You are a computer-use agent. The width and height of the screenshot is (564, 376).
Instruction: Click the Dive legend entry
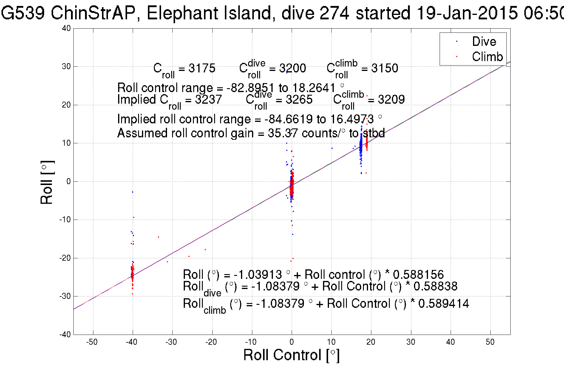pyautogui.click(x=484, y=41)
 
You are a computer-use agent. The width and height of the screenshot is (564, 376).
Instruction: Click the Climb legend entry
pyautogui.click(x=487, y=57)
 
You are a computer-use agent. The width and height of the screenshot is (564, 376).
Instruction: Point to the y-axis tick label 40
pyautogui.click(x=67, y=28)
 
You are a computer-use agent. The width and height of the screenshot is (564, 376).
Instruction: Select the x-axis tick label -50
pyautogui.click(x=92, y=342)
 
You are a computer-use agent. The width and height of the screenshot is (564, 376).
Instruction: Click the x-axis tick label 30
pyautogui.click(x=411, y=342)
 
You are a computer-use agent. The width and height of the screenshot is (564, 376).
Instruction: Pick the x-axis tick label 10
pyautogui.click(x=331, y=342)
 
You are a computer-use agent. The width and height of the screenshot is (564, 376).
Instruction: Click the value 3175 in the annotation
pyautogui.click(x=202, y=68)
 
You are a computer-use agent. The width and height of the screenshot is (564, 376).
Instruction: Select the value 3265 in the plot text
pyautogui.click(x=299, y=100)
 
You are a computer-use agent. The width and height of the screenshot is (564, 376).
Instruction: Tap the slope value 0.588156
pyautogui.click(x=418, y=274)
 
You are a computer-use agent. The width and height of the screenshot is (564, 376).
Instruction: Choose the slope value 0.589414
pyautogui.click(x=444, y=304)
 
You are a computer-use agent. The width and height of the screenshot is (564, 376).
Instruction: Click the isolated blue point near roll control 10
pyautogui.click(x=332, y=148)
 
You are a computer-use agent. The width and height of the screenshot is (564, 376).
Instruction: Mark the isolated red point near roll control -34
pyautogui.click(x=158, y=237)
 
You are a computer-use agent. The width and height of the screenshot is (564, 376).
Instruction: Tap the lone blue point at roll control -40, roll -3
pyautogui.click(x=132, y=192)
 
